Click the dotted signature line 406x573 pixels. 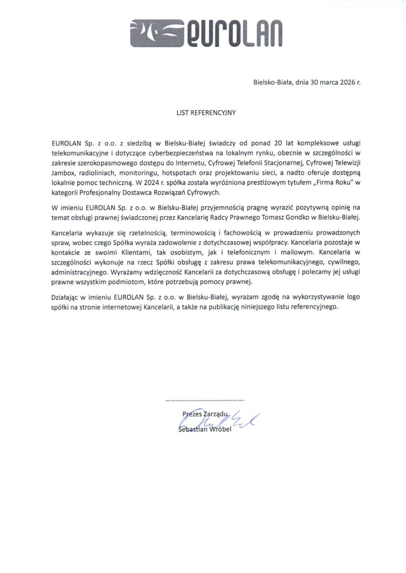click(205, 399)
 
